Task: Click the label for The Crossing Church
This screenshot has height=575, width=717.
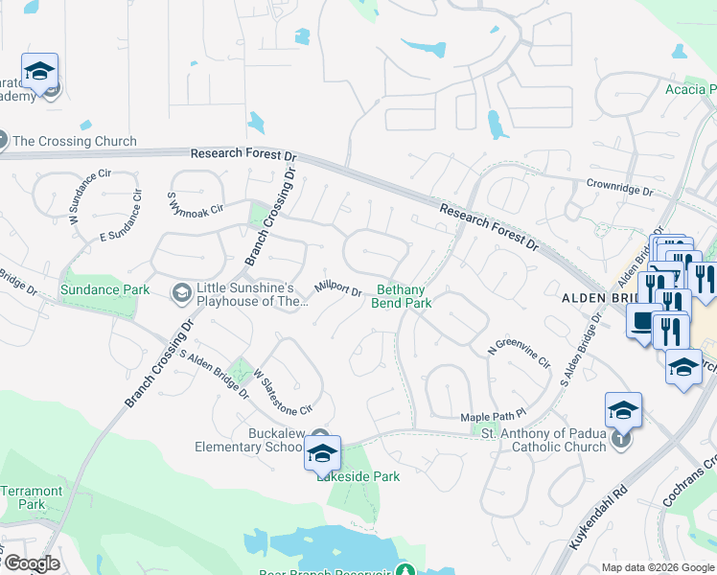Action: point(74,141)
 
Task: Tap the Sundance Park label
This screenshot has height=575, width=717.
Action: point(104,289)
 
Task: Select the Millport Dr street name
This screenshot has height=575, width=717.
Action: point(337,289)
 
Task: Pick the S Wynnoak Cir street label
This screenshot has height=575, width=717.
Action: point(196,202)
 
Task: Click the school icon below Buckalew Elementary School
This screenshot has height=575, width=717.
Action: point(322,452)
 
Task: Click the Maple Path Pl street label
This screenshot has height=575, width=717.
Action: point(494,417)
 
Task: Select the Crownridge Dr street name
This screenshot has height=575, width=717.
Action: point(619,187)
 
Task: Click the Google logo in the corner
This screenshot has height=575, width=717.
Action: point(31,563)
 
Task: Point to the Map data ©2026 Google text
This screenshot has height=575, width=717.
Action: point(657,567)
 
